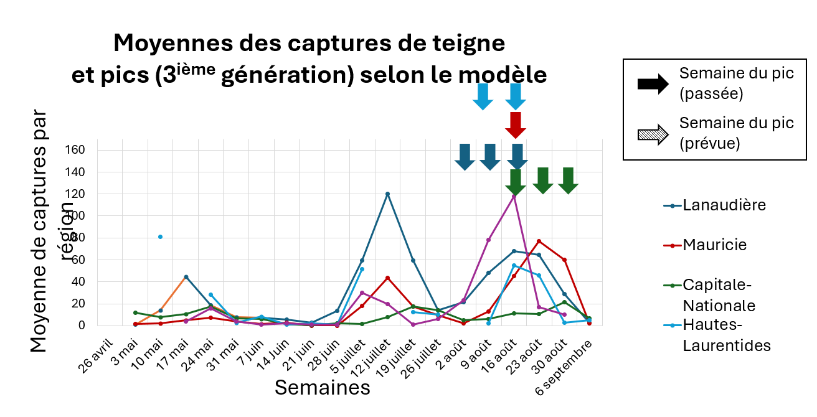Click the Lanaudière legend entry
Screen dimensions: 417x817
click(724, 205)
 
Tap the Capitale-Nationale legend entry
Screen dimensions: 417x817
click(719, 295)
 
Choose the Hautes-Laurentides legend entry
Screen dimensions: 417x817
click(726, 335)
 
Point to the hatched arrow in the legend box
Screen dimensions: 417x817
click(653, 133)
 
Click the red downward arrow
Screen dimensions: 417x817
click(516, 124)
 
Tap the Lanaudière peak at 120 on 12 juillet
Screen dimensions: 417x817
click(387, 194)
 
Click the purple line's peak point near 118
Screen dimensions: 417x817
click(514, 196)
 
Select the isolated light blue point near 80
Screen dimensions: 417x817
click(160, 237)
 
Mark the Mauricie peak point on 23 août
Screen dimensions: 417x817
click(539, 241)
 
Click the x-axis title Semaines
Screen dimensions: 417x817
click(323, 388)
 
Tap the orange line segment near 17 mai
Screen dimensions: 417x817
click(173, 294)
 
